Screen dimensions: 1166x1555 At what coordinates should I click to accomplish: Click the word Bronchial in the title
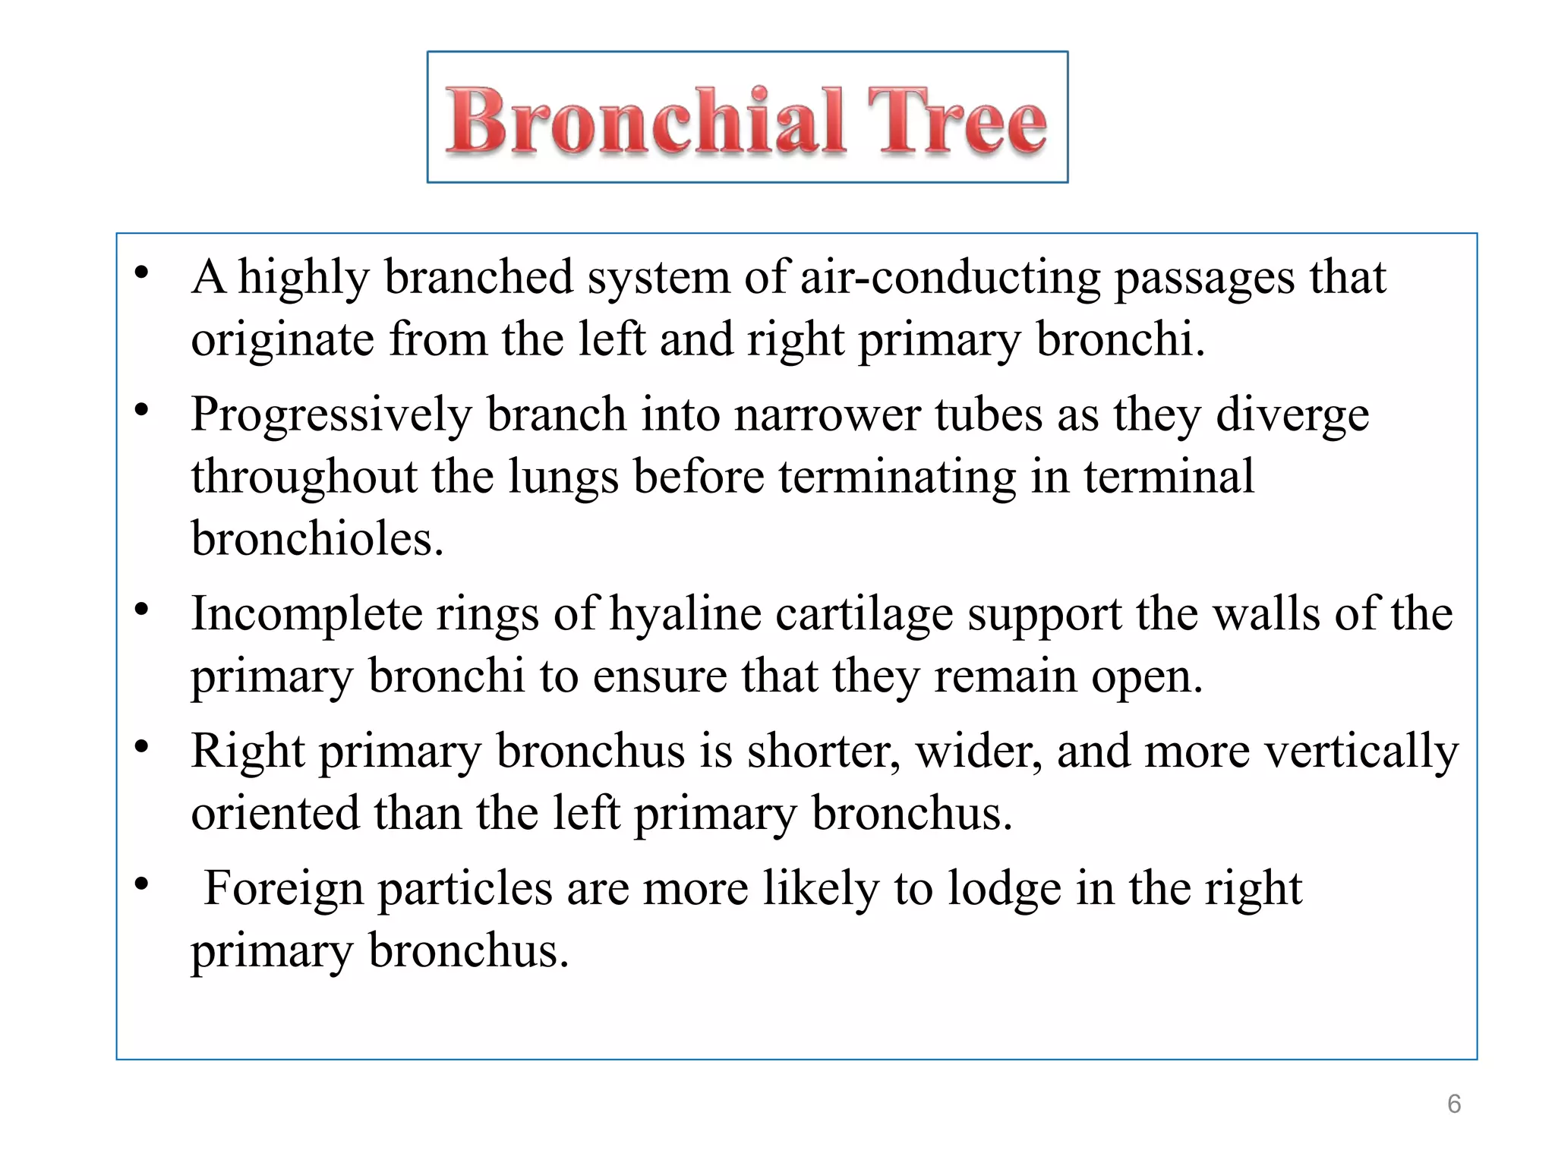pyautogui.click(x=645, y=121)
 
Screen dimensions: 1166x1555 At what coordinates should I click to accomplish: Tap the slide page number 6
pyautogui.click(x=1453, y=1104)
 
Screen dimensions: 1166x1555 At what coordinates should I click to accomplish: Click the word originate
pyautogui.click(x=282, y=339)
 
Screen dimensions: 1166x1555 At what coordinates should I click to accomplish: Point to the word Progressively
pyautogui.click(x=331, y=416)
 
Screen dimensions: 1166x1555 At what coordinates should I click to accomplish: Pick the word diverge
pyautogui.click(x=1292, y=416)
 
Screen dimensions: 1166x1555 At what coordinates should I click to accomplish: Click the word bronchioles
pyautogui.click(x=317, y=539)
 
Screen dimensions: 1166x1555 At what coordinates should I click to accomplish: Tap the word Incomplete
pyautogui.click(x=306, y=613)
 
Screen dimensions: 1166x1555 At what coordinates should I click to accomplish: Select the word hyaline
pyautogui.click(x=686, y=613)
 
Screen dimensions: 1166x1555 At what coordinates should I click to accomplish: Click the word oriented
pyautogui.click(x=275, y=813)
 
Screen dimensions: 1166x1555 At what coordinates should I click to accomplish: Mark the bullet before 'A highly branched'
pyautogui.click(x=141, y=273)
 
